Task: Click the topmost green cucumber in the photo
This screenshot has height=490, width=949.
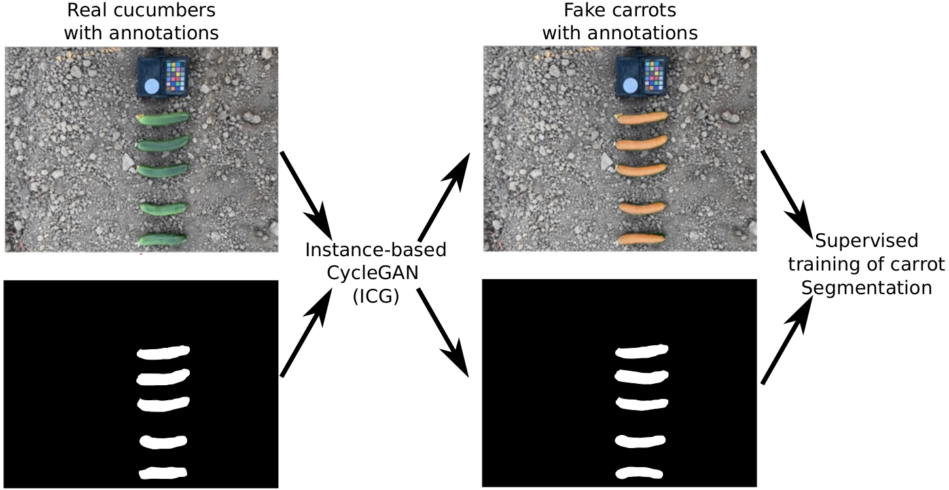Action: tap(164, 119)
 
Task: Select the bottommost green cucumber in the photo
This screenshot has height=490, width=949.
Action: tap(162, 239)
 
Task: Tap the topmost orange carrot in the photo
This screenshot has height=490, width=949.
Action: tap(642, 118)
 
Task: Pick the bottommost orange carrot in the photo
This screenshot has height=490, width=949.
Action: tap(641, 238)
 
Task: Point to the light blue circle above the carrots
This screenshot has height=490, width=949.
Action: tap(630, 85)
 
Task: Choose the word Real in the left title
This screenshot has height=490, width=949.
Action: tap(89, 10)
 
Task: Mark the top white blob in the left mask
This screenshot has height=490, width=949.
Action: tap(163, 352)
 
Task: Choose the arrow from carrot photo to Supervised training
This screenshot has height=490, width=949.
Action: tap(786, 191)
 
